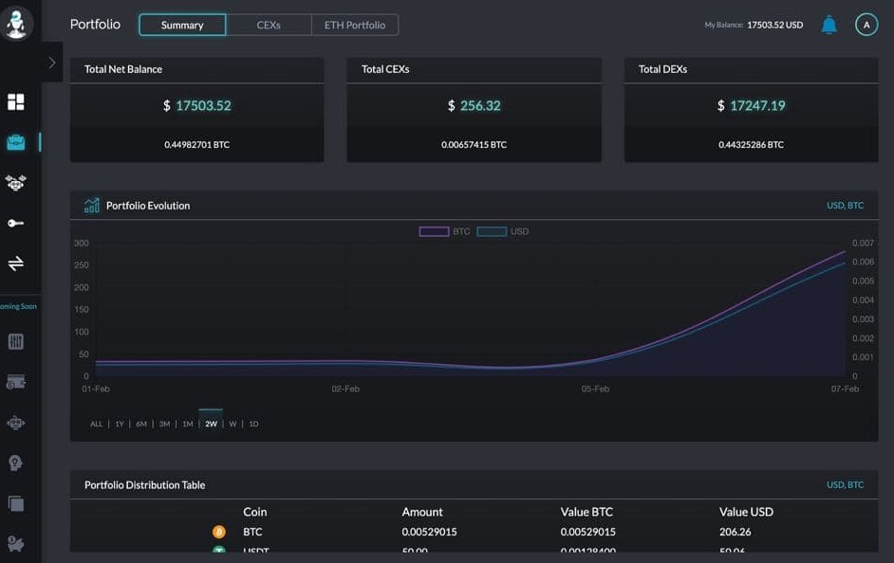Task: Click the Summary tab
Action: coord(182,25)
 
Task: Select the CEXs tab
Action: coord(269,25)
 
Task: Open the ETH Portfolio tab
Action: coord(355,25)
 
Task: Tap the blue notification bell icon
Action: coord(829,25)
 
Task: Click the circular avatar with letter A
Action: coord(866,25)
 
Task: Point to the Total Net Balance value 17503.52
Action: coord(203,105)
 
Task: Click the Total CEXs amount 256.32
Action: coord(480,105)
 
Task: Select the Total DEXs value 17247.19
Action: coord(757,105)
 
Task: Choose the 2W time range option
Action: coord(211,424)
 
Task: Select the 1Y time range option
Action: coord(120,424)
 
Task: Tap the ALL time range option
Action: coord(96,424)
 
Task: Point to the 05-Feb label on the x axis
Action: coord(595,389)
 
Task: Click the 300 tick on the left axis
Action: coord(81,244)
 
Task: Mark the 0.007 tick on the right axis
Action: coord(863,244)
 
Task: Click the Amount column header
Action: coord(422,512)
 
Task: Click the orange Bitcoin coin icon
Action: coord(219,532)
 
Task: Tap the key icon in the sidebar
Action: coord(15,223)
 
